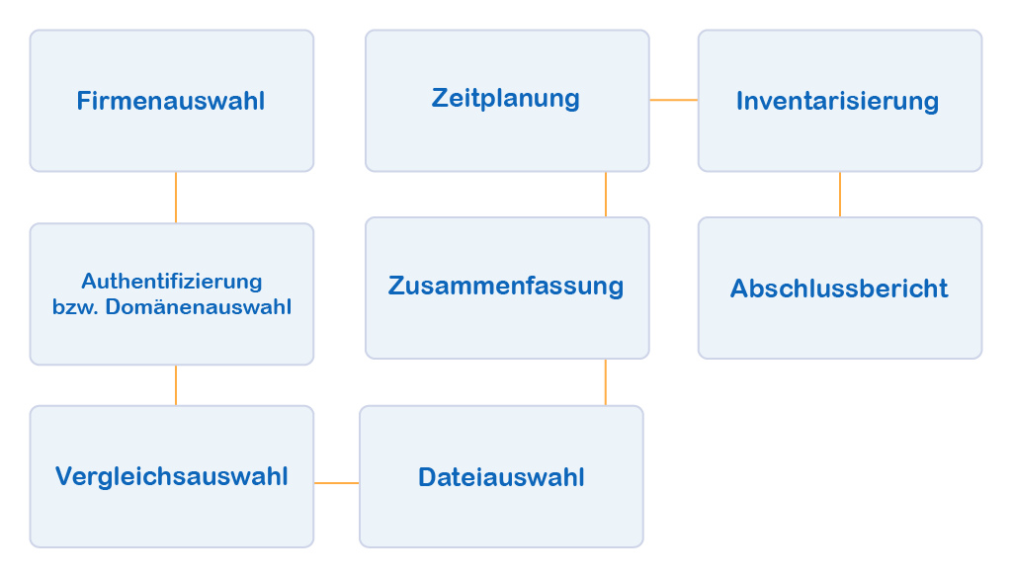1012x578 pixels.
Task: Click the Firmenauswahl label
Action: tap(171, 101)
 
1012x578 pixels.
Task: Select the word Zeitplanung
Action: tap(505, 99)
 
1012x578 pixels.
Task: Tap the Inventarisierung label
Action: tap(837, 101)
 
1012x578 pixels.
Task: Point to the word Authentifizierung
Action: tap(172, 282)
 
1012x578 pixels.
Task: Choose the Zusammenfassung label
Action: tap(506, 287)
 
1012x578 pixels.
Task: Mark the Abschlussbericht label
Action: tap(839, 289)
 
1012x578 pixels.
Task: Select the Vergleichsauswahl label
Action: tap(172, 476)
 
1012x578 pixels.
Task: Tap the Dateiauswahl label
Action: tap(501, 477)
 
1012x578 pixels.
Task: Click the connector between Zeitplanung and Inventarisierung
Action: tap(673, 100)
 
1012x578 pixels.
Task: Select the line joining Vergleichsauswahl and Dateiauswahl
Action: tap(336, 483)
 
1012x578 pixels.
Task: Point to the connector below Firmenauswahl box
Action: tap(176, 197)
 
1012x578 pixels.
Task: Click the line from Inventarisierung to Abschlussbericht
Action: tap(840, 195)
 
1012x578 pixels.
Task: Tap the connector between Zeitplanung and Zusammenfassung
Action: tap(606, 195)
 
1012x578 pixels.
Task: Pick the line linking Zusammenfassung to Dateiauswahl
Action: tap(606, 381)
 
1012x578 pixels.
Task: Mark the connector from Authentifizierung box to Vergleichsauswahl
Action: tap(176, 384)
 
